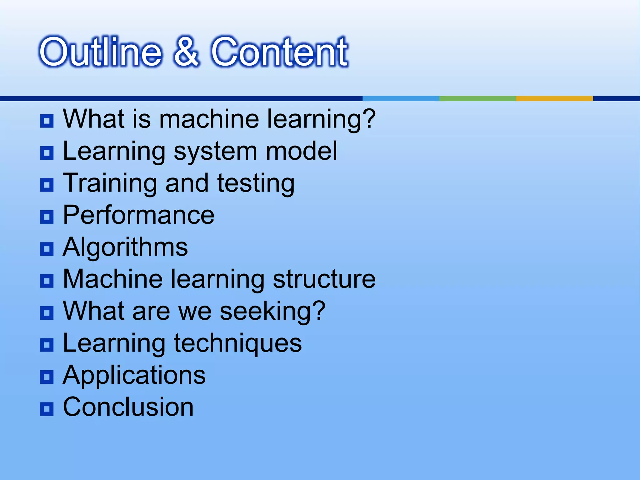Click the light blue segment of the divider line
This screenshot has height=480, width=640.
[401, 98]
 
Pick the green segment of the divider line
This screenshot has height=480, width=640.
[477, 98]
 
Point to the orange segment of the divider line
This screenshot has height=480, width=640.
[554, 98]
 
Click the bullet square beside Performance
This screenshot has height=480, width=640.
[47, 217]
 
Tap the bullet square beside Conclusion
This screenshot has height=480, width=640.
[47, 409]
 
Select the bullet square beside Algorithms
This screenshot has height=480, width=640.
[47, 249]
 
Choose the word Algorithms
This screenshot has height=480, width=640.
[125, 247]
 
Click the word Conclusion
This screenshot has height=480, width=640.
[128, 407]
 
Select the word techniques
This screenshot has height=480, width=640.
[238, 344]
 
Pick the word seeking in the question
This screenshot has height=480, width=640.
[266, 311]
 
